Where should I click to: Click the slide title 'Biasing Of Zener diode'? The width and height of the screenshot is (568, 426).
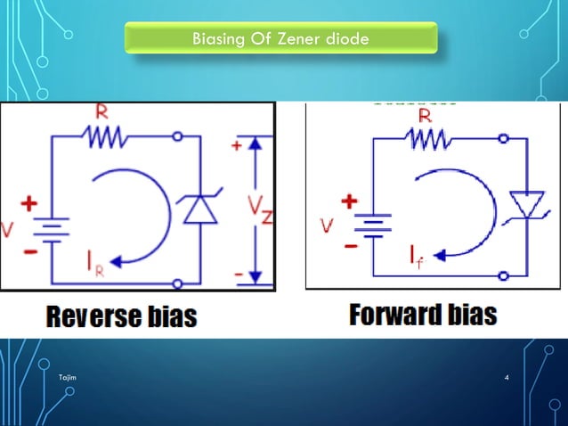280,39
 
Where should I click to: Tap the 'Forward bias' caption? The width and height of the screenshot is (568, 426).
423,315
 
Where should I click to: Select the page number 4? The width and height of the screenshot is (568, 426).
507,380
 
